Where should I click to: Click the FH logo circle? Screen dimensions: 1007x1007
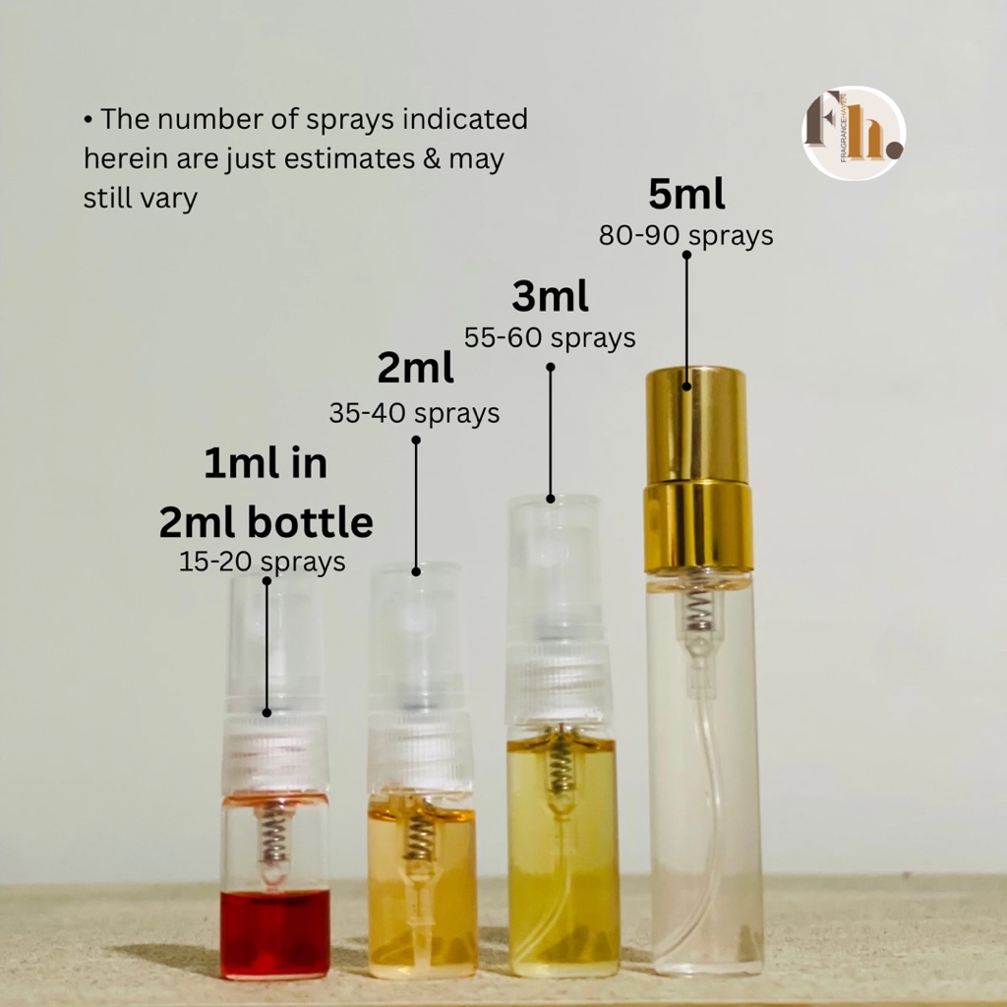coord(854,133)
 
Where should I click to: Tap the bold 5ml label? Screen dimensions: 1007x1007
coord(686,196)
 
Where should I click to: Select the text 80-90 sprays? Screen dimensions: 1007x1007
coord(686,236)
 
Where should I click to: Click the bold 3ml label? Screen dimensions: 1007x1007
coord(550,296)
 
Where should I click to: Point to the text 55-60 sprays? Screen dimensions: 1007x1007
coord(550,338)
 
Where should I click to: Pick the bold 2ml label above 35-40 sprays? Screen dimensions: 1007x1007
coord(415,369)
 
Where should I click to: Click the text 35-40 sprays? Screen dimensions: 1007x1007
coord(414,413)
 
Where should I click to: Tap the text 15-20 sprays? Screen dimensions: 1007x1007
coord(263,562)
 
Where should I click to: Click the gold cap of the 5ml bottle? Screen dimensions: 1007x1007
coord(696,423)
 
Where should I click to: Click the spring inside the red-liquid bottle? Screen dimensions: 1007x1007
coord(273,840)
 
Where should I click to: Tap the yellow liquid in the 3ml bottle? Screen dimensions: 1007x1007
coord(563,865)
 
